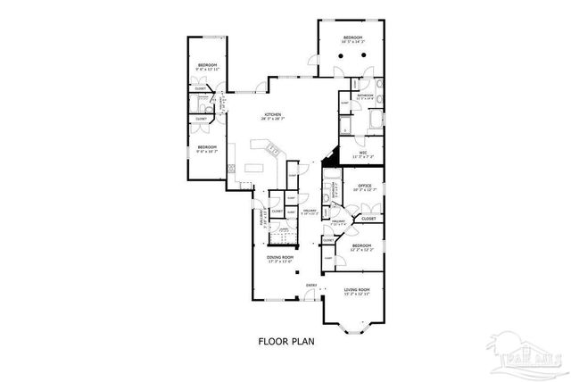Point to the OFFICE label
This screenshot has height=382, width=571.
click(x=365, y=186)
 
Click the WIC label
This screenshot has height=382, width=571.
click(x=363, y=153)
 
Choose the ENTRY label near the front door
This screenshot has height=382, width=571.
click(x=311, y=286)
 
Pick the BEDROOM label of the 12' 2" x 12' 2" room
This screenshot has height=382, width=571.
click(x=361, y=245)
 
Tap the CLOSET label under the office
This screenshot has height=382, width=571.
click(x=368, y=217)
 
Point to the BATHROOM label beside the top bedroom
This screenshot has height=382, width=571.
click(x=365, y=95)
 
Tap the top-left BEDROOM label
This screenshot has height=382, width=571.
click(x=207, y=66)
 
